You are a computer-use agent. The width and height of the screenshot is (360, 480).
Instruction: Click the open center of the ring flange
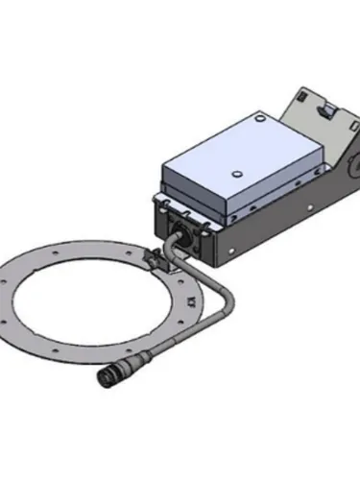106,298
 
